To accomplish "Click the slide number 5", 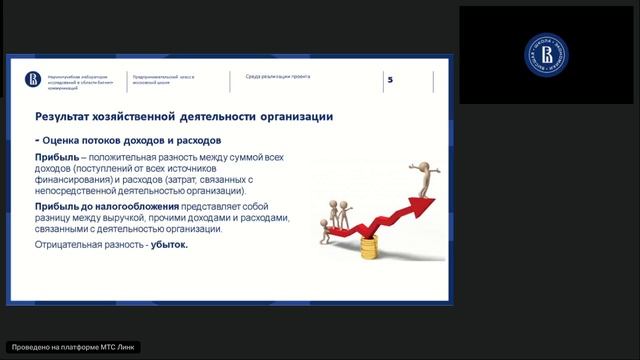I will click(x=390, y=80).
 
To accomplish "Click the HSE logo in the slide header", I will click(x=30, y=78).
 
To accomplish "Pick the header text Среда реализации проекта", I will click(x=278, y=76).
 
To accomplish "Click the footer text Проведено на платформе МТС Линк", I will click(x=72, y=347).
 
